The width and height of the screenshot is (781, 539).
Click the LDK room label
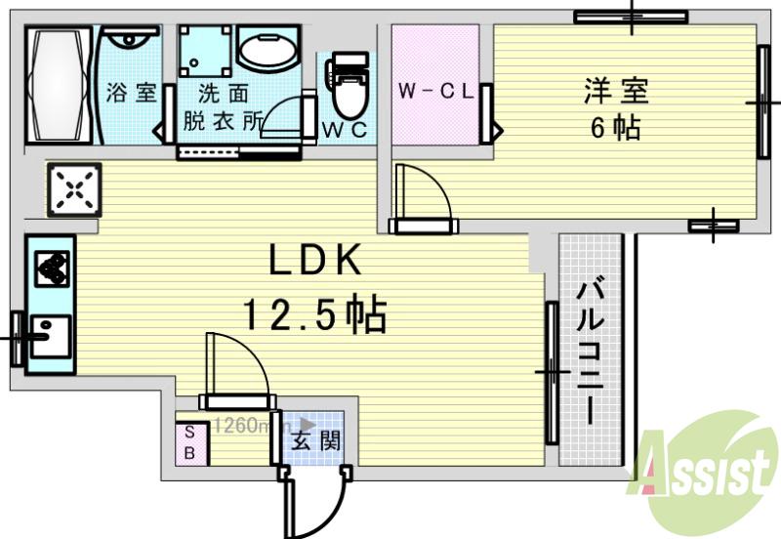tap(316, 260)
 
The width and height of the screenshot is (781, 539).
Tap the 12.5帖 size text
tap(314, 314)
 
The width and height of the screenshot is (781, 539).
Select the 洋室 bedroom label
tap(616, 92)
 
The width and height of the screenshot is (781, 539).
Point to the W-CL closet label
tap(435, 93)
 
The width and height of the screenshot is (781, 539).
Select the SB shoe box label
tap(191, 441)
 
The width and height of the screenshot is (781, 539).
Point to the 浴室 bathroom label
tap(132, 95)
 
